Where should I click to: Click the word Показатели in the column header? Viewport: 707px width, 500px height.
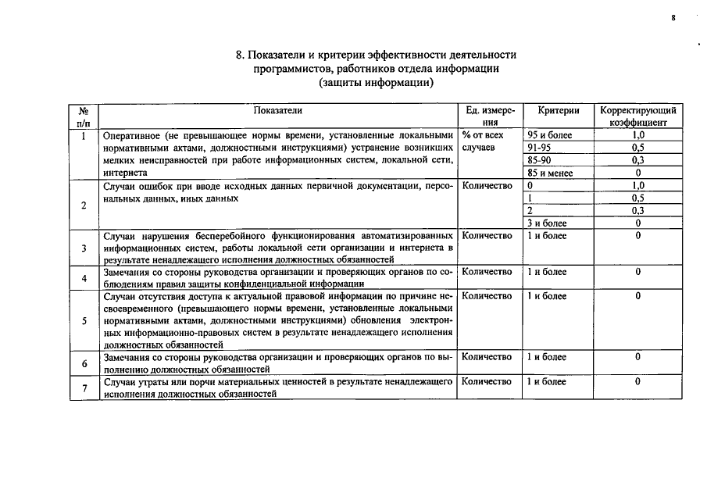(x=277, y=111)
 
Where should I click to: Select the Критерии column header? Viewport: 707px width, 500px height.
(x=558, y=111)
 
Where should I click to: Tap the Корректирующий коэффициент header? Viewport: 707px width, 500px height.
(x=637, y=116)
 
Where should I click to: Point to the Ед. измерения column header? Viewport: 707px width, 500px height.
(x=489, y=116)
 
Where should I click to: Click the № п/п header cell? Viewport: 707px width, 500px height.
(x=84, y=116)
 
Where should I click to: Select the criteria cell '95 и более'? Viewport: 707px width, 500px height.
(x=550, y=135)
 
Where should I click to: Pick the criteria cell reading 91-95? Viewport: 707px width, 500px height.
(x=540, y=148)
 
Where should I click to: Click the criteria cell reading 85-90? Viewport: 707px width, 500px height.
(x=540, y=160)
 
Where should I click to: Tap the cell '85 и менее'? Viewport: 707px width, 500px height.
(x=550, y=173)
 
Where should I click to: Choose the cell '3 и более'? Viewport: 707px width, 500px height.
(x=547, y=223)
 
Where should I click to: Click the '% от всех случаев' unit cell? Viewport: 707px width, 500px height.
(x=483, y=141)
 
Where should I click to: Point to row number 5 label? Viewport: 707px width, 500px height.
(x=84, y=320)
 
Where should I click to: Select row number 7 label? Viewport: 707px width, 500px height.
(x=84, y=388)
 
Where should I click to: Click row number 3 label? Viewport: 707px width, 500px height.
(x=84, y=248)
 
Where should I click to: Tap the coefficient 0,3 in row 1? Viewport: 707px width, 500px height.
(x=637, y=160)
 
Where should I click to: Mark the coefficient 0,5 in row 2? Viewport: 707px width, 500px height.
(x=637, y=198)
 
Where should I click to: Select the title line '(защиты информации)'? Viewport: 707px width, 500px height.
(x=376, y=83)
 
